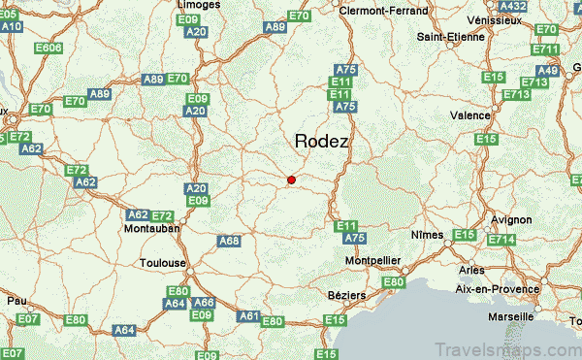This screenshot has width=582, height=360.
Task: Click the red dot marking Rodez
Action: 291,179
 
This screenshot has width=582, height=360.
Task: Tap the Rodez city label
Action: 321,142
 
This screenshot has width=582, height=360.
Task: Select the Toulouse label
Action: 162,263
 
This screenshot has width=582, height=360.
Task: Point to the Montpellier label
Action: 373,262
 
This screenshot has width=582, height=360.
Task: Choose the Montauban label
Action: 152,230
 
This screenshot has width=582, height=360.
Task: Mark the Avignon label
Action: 512,220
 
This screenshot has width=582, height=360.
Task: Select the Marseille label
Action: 511,316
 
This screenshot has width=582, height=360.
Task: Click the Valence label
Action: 470,115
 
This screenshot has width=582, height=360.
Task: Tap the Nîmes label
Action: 427,235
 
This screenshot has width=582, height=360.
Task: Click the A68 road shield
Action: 228,241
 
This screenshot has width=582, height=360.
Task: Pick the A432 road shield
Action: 512,6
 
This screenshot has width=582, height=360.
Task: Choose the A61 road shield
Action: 249,316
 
